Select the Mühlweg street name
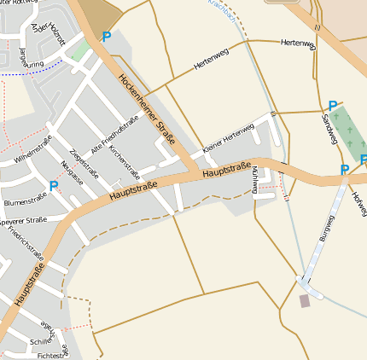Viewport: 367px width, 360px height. [x=254, y=178]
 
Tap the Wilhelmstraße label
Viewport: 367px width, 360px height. [x=32, y=149]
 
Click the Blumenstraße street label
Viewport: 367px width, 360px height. [x=25, y=201]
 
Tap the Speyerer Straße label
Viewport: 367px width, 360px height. [x=23, y=219]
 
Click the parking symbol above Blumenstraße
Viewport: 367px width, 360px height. [x=54, y=185]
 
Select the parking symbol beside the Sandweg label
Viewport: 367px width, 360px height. [x=332, y=106]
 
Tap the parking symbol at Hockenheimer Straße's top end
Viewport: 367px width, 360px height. [x=107, y=37]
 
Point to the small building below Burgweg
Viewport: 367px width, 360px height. [x=305, y=301]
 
